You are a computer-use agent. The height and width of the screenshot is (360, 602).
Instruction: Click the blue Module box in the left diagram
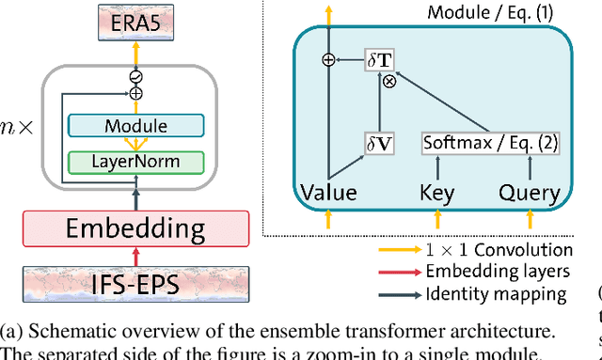point(136,126)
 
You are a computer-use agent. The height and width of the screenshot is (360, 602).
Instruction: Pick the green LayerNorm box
point(136,162)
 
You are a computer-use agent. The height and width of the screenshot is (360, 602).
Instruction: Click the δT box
point(380,60)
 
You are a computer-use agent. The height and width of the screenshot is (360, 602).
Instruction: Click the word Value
point(328,194)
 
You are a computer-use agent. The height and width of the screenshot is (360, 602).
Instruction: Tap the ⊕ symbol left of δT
point(328,60)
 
